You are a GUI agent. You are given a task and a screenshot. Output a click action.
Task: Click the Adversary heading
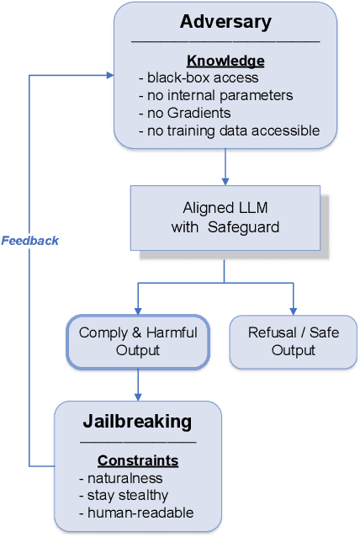pos(225,21)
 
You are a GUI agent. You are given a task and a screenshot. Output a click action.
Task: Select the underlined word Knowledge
pos(225,61)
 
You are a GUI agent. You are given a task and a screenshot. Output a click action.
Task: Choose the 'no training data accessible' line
pos(228,130)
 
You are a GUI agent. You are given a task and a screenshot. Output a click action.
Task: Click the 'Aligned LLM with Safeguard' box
pos(225,216)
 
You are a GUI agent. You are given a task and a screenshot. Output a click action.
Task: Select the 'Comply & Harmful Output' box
pos(138,341)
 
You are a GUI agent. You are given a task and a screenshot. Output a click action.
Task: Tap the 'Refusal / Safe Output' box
pos(294,341)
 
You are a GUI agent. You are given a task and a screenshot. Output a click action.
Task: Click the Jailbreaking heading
pos(138,421)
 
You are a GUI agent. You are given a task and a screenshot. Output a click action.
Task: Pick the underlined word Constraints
pos(138,460)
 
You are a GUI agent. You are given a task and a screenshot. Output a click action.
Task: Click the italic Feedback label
pos(30,241)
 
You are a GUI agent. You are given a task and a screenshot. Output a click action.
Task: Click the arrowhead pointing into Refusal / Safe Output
pos(294,311)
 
